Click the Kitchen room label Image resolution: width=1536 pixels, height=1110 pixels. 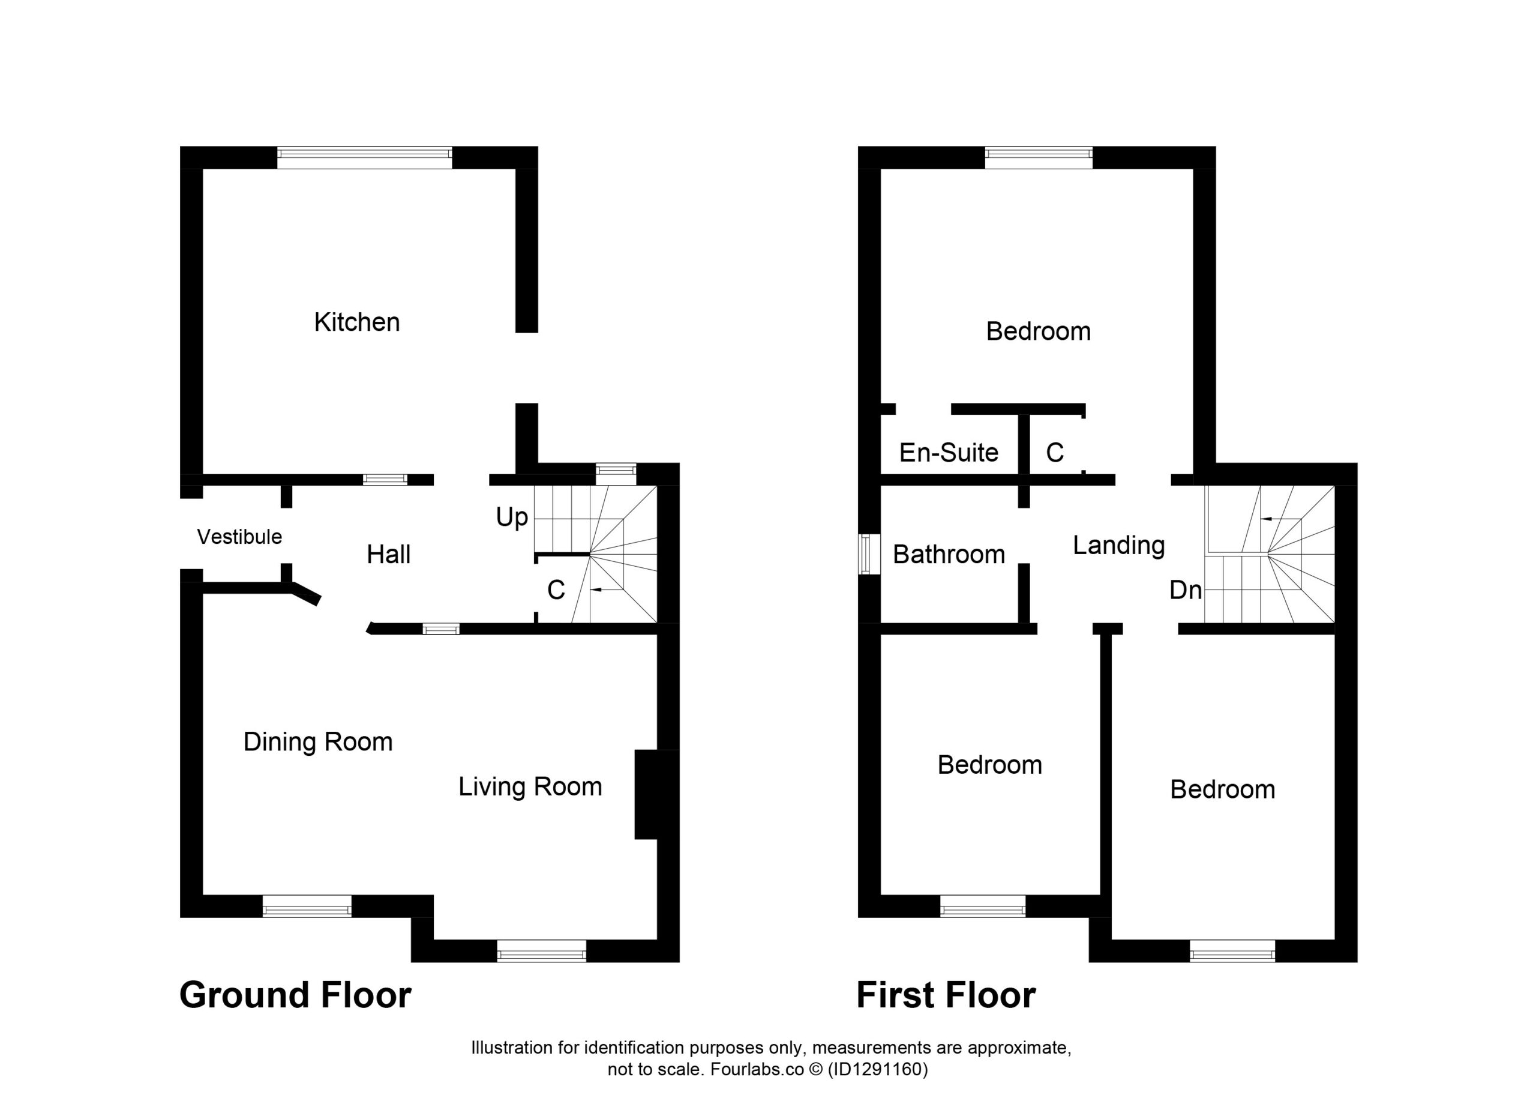pyautogui.click(x=357, y=322)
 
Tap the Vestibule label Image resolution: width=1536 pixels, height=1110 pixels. pyautogui.click(x=239, y=537)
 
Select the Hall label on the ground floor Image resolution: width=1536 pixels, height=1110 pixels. pyautogui.click(x=389, y=554)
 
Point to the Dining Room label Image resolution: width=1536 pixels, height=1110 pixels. pyautogui.click(x=317, y=742)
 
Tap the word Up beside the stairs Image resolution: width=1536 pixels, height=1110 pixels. pyautogui.click(x=512, y=517)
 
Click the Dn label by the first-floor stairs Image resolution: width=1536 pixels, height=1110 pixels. pyautogui.click(x=1186, y=590)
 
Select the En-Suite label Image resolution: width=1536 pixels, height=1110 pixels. pyautogui.click(x=949, y=453)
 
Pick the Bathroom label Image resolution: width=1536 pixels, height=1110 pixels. pyautogui.click(x=949, y=554)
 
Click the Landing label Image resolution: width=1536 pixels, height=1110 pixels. pyautogui.click(x=1119, y=546)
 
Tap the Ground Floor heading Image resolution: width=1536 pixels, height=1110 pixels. pyautogui.click(x=295, y=995)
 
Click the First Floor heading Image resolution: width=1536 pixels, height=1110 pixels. pyautogui.click(x=946, y=995)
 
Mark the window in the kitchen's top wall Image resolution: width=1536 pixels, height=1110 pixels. pyautogui.click(x=364, y=157)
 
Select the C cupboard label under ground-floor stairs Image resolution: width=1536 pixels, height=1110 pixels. pyautogui.click(x=556, y=590)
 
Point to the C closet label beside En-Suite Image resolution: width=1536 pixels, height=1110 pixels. pyautogui.click(x=1054, y=453)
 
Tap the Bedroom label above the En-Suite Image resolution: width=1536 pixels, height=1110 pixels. pyautogui.click(x=1038, y=331)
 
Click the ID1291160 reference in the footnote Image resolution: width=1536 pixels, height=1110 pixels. pyautogui.click(x=877, y=1069)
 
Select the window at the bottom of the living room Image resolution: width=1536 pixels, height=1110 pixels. pyautogui.click(x=541, y=951)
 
